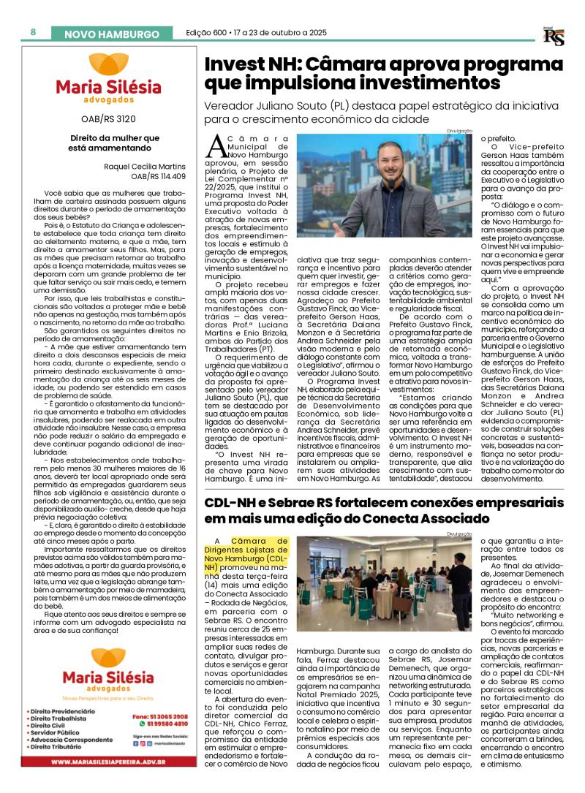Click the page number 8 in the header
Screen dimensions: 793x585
pyautogui.click(x=34, y=32)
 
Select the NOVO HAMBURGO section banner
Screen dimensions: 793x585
pyautogui.click(x=111, y=34)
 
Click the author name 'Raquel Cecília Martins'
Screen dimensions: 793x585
pyautogui.click(x=145, y=166)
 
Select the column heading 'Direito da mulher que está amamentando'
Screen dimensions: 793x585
pyautogui.click(x=104, y=143)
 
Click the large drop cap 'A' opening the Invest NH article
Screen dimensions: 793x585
pyautogui.click(x=216, y=145)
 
